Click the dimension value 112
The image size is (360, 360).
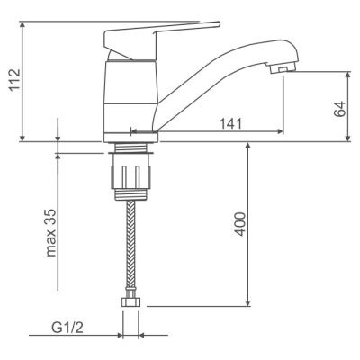(14, 80)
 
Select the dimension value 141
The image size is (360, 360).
(231, 123)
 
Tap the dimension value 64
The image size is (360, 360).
(339, 109)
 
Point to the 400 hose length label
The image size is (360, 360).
(240, 224)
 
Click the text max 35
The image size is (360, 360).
(51, 233)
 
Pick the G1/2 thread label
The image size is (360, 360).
(67, 328)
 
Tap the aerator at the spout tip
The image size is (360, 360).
(283, 68)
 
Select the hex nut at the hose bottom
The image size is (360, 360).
(130, 301)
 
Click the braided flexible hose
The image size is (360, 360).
(130, 245)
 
